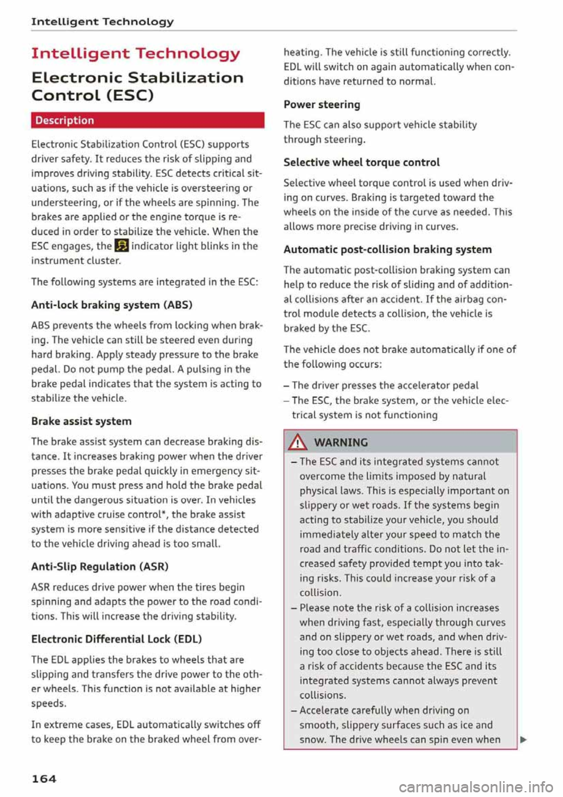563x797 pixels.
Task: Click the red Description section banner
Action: tap(147, 120)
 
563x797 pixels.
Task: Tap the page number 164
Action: tap(44, 779)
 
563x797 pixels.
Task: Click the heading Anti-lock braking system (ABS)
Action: tap(112, 305)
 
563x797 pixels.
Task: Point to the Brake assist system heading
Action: tap(82, 421)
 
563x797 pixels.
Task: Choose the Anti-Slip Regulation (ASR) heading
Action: tap(100, 566)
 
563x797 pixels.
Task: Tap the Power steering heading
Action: tap(322, 104)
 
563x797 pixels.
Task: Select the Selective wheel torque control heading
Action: tap(361, 163)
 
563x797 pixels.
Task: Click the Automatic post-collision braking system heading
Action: tap(388, 249)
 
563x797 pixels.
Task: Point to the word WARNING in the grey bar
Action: tap(341, 443)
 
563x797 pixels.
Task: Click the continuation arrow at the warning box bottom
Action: tap(523, 740)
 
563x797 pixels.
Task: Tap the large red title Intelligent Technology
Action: tap(135, 54)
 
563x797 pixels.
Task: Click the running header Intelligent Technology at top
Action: tap(103, 22)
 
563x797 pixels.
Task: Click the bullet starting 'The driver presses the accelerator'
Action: tap(385, 386)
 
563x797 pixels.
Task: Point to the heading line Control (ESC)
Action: tap(93, 95)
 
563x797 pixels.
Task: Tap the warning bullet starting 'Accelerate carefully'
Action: tap(384, 711)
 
